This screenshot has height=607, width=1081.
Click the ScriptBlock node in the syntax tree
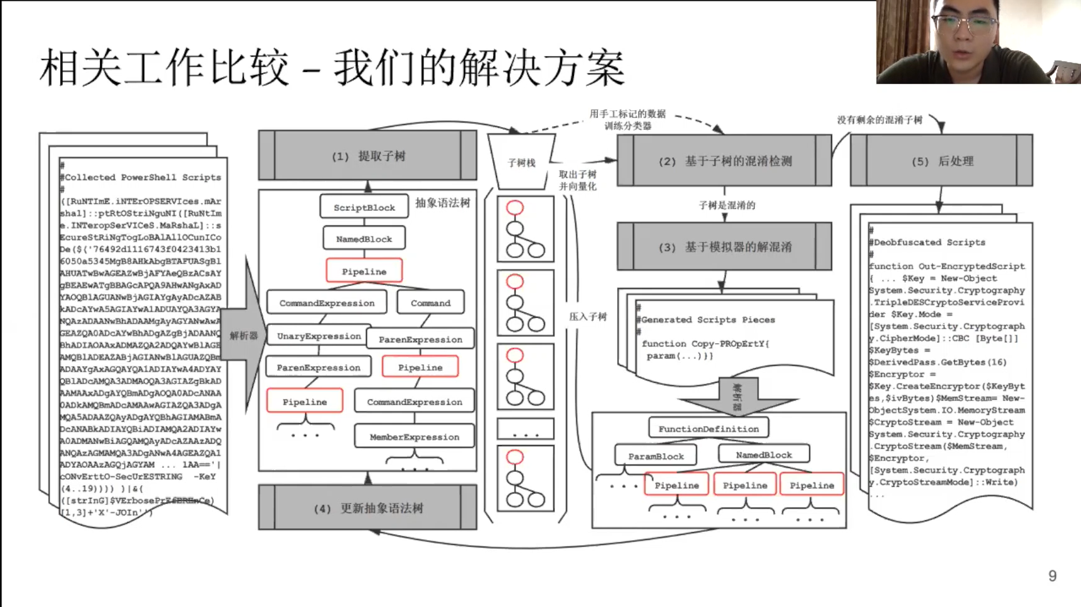364,207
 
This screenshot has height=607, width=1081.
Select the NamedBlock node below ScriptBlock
364,239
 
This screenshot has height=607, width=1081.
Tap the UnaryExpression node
319,336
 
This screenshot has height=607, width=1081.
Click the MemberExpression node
414,437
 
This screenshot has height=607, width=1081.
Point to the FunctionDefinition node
708,429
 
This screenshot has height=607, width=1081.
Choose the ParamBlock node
656,456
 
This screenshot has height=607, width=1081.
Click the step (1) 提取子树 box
368,156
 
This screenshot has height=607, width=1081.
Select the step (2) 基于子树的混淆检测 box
724,161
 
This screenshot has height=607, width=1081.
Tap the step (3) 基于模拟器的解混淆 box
724,247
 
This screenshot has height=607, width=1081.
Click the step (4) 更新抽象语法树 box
368,508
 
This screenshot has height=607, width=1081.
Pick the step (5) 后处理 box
942,161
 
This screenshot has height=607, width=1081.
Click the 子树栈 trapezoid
521,162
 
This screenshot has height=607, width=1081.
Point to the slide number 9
1052,576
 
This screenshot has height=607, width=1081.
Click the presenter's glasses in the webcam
964,24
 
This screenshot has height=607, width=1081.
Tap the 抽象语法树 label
442,203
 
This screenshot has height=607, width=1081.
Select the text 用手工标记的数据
627,114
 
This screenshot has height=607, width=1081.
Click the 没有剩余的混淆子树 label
879,120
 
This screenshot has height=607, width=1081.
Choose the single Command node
430,303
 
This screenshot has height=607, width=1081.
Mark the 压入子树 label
588,317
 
